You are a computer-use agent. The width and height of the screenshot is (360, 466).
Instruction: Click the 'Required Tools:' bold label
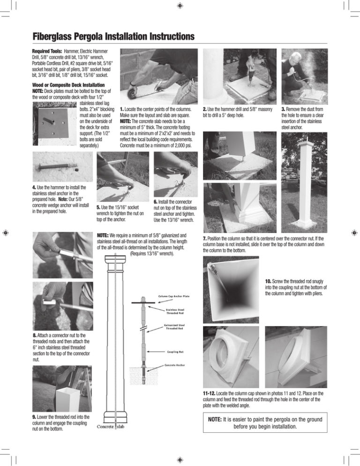[x=48, y=51]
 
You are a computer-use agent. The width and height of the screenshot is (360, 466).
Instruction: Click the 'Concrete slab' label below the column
[x=111, y=426]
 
